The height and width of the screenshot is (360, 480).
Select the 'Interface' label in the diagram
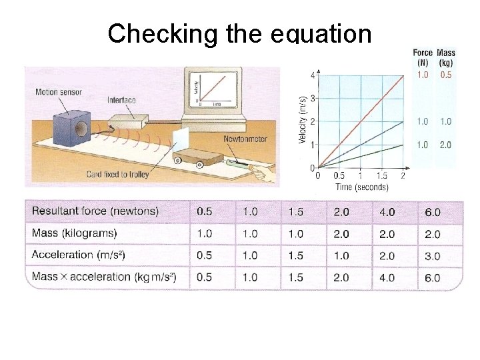point(121,101)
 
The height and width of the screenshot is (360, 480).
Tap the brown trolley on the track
point(200,157)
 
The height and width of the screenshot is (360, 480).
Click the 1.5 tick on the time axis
point(381,176)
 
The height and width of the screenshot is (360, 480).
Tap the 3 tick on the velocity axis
point(313,99)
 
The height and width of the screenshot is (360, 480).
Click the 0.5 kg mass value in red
point(445,75)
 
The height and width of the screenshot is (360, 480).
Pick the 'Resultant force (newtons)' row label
point(95,211)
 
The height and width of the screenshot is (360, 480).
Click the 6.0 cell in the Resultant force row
point(433,212)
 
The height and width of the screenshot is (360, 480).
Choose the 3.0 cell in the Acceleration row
point(433,255)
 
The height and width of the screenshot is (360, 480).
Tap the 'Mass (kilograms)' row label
point(74,233)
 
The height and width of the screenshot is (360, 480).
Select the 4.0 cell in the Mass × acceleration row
point(387,277)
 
